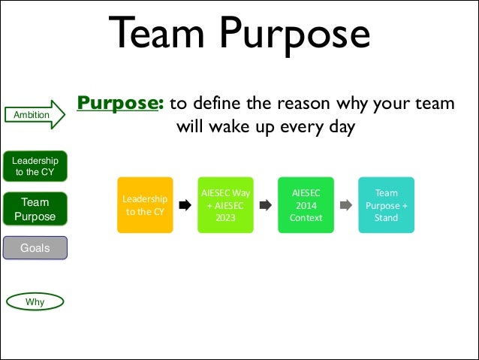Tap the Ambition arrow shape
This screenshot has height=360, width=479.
[x=38, y=114]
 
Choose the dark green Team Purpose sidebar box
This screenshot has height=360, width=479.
[x=35, y=209]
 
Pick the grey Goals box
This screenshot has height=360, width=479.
[x=35, y=247]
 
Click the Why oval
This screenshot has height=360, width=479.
[x=35, y=302]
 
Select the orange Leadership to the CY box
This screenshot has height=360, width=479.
[x=144, y=204]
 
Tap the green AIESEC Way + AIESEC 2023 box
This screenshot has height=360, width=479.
[x=224, y=204]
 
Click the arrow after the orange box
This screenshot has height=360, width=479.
[x=184, y=204]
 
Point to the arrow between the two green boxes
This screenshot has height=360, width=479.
[x=264, y=204]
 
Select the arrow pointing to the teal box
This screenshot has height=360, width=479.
[x=345, y=204]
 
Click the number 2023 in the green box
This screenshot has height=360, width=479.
[x=224, y=218]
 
